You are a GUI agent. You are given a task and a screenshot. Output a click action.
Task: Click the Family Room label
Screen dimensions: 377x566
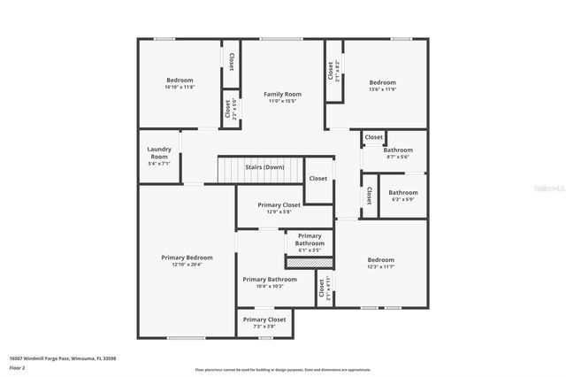click(x=283, y=94)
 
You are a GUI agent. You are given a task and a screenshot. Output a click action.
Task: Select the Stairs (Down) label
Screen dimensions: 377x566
click(x=264, y=166)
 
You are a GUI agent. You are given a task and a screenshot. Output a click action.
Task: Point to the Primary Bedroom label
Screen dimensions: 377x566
click(x=187, y=258)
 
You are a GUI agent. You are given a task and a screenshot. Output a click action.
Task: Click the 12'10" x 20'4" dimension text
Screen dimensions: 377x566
click(x=187, y=265)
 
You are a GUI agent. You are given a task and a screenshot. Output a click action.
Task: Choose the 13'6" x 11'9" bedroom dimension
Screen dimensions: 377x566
click(x=382, y=89)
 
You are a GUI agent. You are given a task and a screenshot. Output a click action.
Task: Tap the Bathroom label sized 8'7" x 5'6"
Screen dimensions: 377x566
click(x=398, y=150)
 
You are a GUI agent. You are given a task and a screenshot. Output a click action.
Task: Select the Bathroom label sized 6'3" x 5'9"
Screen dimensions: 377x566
click(x=403, y=192)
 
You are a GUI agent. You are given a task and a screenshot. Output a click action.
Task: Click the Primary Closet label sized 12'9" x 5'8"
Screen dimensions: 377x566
click(x=281, y=204)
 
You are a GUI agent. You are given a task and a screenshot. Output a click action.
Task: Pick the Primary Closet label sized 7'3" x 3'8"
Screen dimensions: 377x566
click(x=264, y=319)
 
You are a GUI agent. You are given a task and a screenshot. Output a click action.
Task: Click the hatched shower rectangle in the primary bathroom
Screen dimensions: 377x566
click(x=309, y=262)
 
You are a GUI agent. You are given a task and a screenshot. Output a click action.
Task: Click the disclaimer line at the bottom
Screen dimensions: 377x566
click(x=283, y=369)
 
